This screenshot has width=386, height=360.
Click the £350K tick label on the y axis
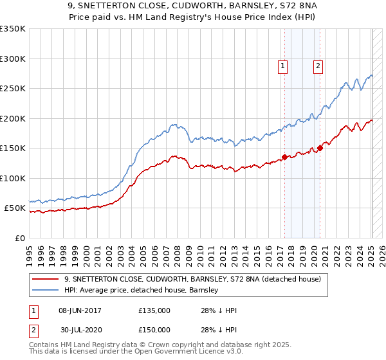pyautogui.click(x=13, y=29)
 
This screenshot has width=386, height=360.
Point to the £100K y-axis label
pyautogui.click(x=13, y=178)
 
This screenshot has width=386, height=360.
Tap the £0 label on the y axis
pyautogui.click(x=19, y=238)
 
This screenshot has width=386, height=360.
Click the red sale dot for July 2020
pyautogui.click(x=320, y=148)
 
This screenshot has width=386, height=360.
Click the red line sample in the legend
pyautogui.click(x=46, y=279)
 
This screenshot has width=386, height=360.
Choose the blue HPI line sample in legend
pyautogui.click(x=46, y=290)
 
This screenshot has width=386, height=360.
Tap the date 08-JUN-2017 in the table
pyautogui.click(x=80, y=310)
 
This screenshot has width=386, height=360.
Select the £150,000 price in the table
pyautogui.click(x=154, y=330)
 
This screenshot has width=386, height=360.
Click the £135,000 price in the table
pyautogui.click(x=154, y=310)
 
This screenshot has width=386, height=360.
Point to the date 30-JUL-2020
pyautogui.click(x=80, y=330)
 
